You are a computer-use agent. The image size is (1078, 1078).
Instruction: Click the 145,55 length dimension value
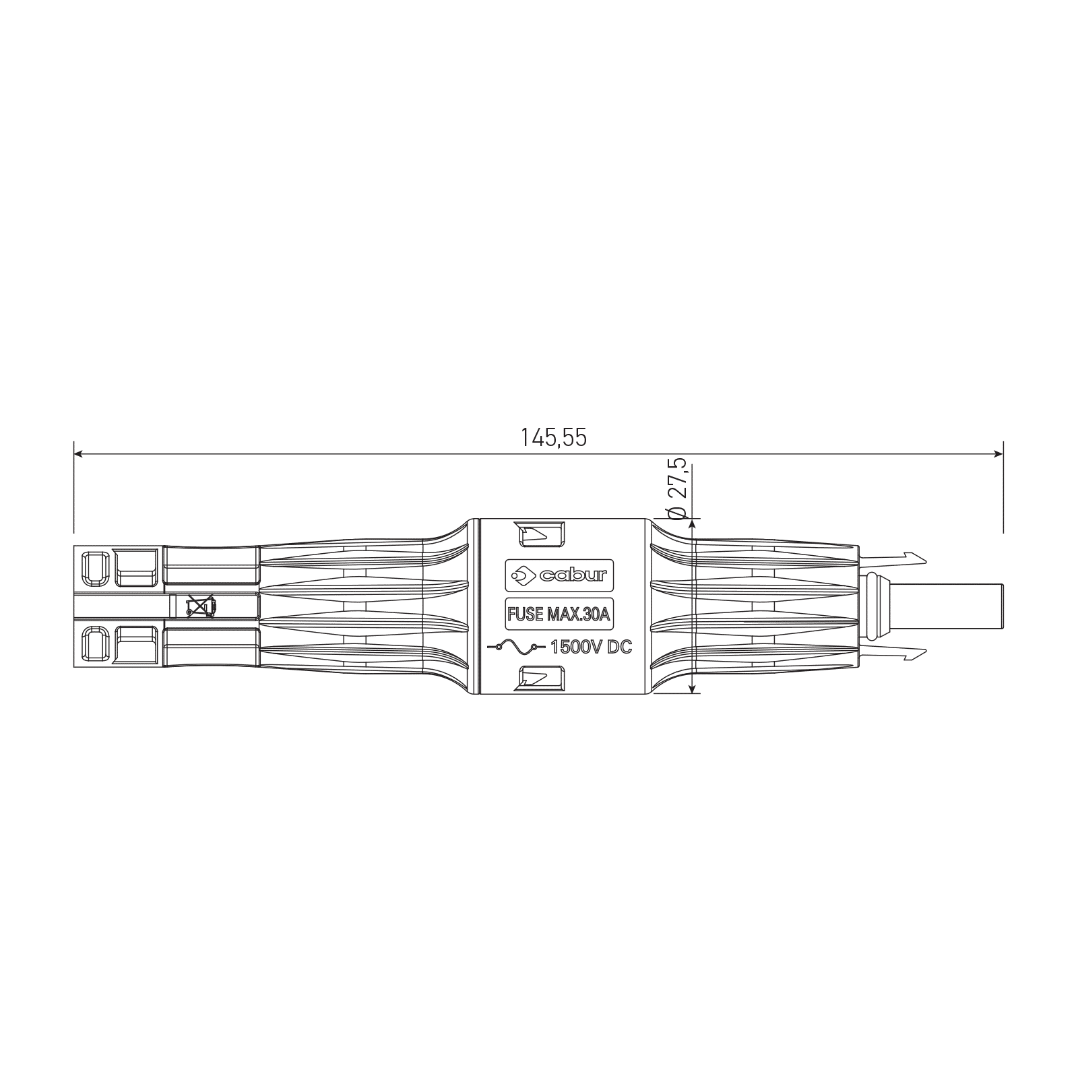click(553, 438)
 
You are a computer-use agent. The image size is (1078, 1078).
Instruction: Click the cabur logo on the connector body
click(559, 575)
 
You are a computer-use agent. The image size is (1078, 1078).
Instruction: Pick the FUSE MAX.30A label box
click(559, 614)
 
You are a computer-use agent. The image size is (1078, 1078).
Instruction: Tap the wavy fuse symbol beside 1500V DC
click(516, 647)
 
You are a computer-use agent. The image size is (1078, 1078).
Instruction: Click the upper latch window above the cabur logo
click(540, 534)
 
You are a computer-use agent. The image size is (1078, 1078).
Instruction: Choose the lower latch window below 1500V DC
click(540, 678)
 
